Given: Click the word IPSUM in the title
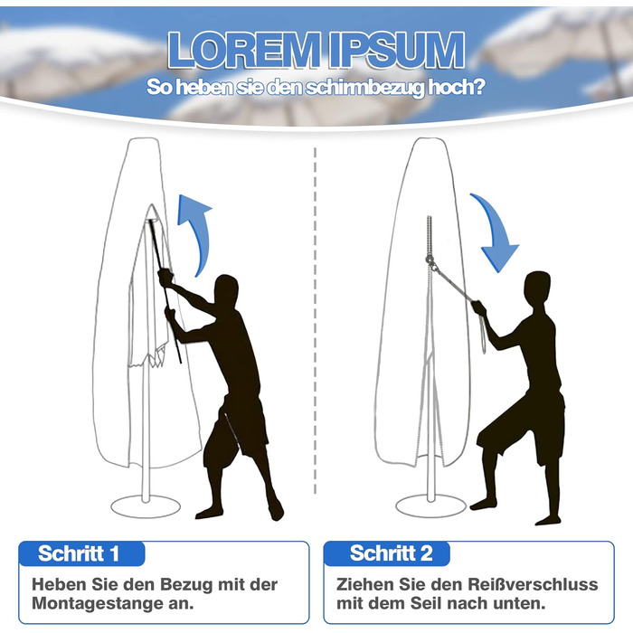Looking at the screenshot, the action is pos(397,51).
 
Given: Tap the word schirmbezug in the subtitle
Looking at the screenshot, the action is pos(364,88).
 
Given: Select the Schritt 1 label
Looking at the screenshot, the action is pos(79,553).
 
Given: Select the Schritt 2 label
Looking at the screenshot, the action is pos(392,553).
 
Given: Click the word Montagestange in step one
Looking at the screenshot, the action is pos(95,604).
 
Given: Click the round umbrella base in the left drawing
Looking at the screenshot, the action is pos(146,506).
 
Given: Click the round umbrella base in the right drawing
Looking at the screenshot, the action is pos(430,505).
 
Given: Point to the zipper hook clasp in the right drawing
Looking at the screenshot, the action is pos(430,261).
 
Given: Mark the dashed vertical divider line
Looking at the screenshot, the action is pos(315,321).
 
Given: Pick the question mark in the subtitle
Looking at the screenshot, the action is pos(479,87).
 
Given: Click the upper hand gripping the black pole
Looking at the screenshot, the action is pos(165,278).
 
